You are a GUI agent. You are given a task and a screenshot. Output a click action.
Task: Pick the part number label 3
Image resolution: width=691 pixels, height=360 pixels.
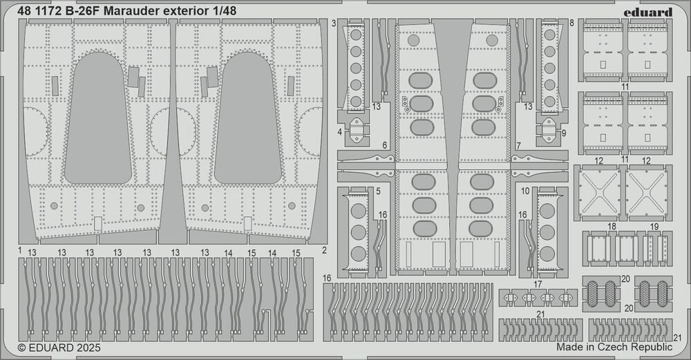point(334,23)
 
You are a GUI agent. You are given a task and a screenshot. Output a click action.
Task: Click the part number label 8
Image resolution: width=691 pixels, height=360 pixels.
point(572,23)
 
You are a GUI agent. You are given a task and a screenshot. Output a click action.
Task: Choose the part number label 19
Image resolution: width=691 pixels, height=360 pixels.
point(655,227)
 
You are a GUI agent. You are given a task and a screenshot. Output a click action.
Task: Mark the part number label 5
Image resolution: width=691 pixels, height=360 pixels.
point(379,190)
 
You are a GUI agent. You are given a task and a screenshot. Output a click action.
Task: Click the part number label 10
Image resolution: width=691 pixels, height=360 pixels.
point(526,190)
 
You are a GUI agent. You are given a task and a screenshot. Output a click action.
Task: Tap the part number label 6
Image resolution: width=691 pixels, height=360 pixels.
point(384,146)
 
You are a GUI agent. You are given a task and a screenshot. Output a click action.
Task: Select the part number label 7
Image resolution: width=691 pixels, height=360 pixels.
point(518,146)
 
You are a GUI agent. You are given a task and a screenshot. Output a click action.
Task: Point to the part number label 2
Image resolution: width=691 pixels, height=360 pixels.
point(324,249)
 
